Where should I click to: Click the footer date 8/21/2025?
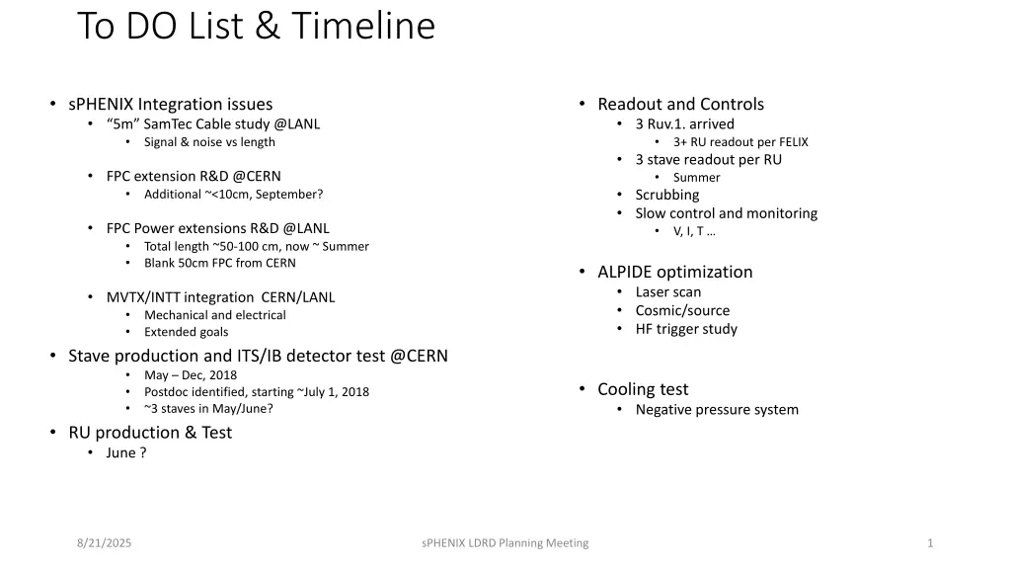click(x=104, y=542)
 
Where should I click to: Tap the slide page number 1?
click(x=930, y=542)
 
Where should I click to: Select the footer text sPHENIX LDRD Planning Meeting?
click(x=505, y=542)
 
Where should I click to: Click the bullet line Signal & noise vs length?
click(x=209, y=142)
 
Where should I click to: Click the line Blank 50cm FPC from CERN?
click(x=219, y=263)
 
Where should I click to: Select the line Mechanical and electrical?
click(x=214, y=315)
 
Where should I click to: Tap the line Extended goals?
click(x=186, y=332)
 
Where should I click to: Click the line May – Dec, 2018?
click(x=191, y=374)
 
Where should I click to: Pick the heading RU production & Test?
click(x=150, y=433)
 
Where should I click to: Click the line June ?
click(x=126, y=452)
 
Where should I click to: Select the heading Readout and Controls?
click(x=680, y=104)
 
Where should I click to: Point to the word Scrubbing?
click(x=666, y=195)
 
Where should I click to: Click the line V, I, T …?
click(x=695, y=231)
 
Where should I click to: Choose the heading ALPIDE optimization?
click(x=674, y=272)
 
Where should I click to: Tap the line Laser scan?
click(x=667, y=291)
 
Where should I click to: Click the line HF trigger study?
click(x=686, y=329)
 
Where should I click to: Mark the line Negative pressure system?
click(x=717, y=409)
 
